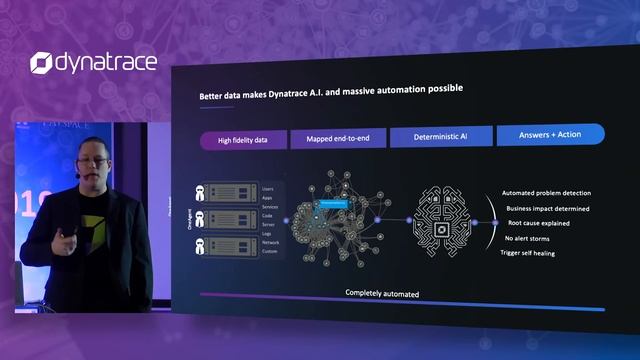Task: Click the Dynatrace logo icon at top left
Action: (x=41, y=63)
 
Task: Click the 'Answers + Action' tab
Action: (x=549, y=134)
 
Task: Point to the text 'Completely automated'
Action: (x=383, y=294)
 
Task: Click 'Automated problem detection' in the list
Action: (x=545, y=193)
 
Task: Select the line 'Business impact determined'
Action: (x=545, y=208)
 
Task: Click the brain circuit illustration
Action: (x=441, y=220)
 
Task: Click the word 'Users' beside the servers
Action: (x=268, y=188)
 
